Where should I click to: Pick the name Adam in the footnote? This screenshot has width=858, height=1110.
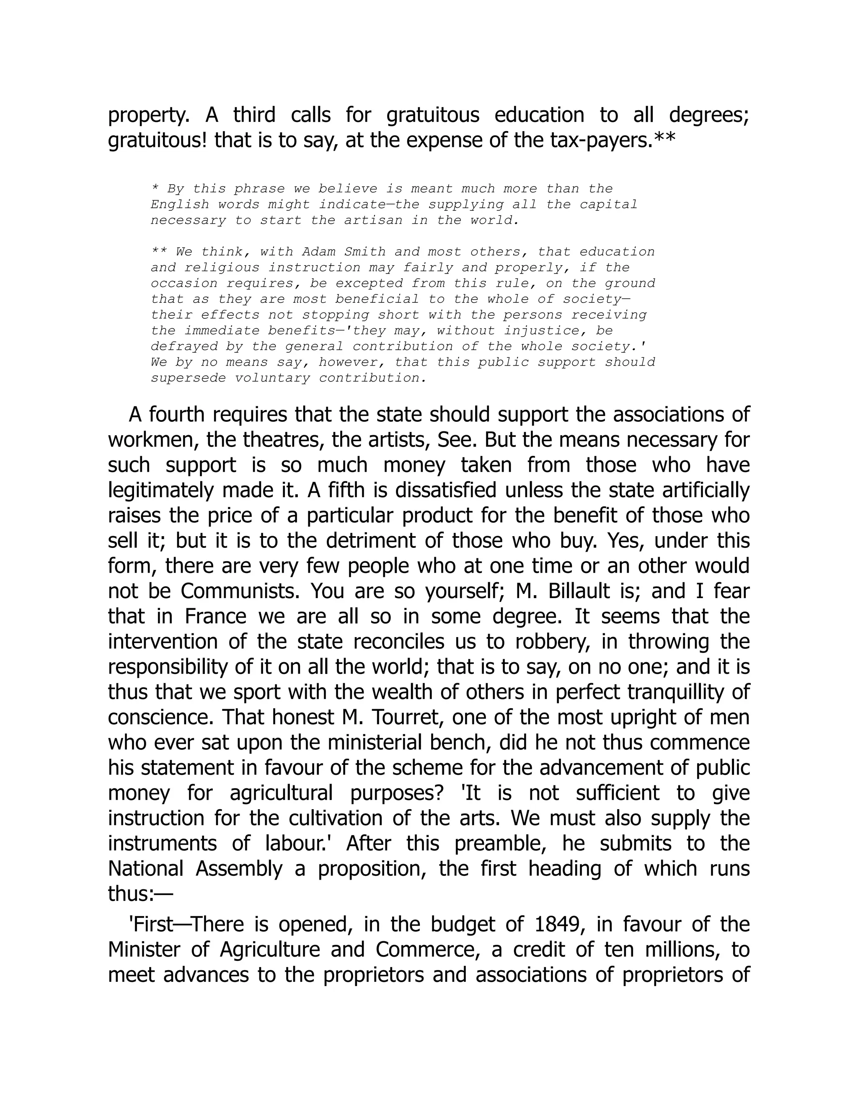click(319, 252)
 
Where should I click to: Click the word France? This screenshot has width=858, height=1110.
click(215, 617)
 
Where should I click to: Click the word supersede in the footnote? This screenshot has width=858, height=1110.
click(188, 378)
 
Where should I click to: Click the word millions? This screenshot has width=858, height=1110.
click(682, 950)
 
